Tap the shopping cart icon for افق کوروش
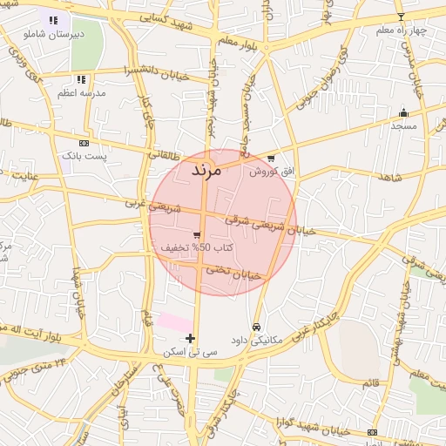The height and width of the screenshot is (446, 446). coord(272,159)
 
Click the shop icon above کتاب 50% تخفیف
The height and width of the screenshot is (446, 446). coord(198,235)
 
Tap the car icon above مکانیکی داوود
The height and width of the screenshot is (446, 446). coord(255,327)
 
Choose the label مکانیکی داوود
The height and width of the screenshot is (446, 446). coord(255,340)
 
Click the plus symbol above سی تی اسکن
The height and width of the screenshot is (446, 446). coord(191,338)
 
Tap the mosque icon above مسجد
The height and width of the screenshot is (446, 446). coord(402,113)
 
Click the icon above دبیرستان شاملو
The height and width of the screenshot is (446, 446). coord(53,20)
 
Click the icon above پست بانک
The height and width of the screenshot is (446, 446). coord(84,142)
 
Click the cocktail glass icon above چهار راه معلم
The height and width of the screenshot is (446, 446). coord(401,17)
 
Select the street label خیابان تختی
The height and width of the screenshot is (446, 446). coord(233,273)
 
